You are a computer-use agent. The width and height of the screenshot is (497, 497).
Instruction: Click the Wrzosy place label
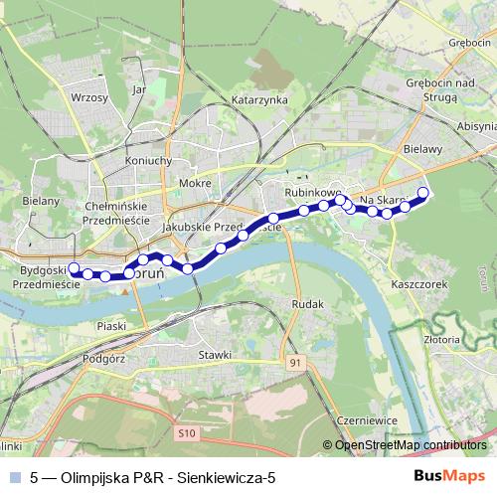click(x=89, y=97)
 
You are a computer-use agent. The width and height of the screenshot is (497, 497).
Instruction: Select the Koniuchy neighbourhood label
click(x=150, y=161)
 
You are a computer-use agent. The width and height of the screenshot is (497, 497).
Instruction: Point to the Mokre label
click(x=192, y=183)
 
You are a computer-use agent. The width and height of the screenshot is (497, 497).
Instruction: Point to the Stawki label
click(x=215, y=354)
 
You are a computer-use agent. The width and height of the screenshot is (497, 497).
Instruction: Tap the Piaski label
click(x=111, y=325)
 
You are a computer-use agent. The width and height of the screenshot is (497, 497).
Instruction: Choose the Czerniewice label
click(x=367, y=420)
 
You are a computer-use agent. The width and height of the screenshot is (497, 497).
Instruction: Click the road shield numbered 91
click(x=295, y=364)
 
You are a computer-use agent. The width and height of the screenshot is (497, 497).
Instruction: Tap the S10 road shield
click(x=189, y=433)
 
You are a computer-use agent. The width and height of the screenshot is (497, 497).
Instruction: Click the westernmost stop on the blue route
click(x=73, y=267)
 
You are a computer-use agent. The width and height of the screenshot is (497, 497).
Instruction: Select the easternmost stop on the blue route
click(x=422, y=193)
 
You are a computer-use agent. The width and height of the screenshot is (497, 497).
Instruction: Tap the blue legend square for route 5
click(x=14, y=477)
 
